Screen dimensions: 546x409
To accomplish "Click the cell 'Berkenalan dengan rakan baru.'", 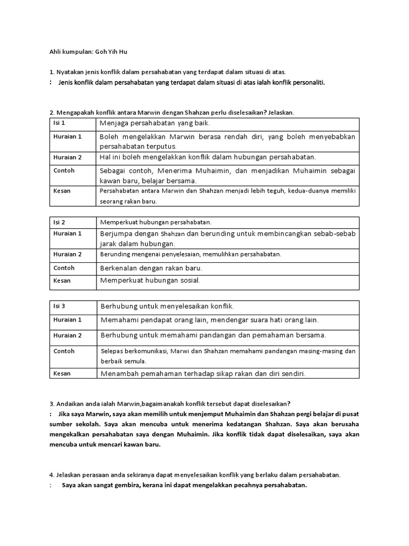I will [x=151, y=268].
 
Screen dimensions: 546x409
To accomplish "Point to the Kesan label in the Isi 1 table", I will [x=62, y=190].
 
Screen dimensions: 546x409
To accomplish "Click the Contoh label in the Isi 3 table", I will [x=64, y=351].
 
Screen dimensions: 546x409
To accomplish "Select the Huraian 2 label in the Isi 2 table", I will [x=68, y=254].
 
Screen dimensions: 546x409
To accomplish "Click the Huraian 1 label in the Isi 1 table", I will [x=68, y=136].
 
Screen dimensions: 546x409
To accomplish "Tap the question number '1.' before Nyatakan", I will [x=51, y=71].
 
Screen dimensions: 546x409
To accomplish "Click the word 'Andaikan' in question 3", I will [x=71, y=402].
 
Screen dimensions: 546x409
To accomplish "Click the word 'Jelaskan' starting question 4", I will [x=70, y=474].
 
